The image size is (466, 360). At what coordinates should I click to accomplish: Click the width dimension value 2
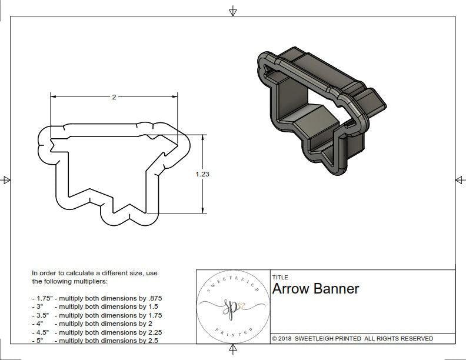[114, 97]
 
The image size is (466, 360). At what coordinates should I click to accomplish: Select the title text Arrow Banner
[315, 289]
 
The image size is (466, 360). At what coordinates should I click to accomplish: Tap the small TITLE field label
[280, 278]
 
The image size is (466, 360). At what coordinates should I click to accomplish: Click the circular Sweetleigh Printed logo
[232, 306]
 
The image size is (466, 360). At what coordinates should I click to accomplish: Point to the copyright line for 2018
[352, 338]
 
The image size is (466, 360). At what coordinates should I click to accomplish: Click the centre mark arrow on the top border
[234, 11]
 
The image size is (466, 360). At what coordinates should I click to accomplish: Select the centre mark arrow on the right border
[460, 180]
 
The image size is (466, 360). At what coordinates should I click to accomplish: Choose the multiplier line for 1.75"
[96, 298]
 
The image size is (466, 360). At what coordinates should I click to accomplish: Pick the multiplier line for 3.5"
[96, 315]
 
